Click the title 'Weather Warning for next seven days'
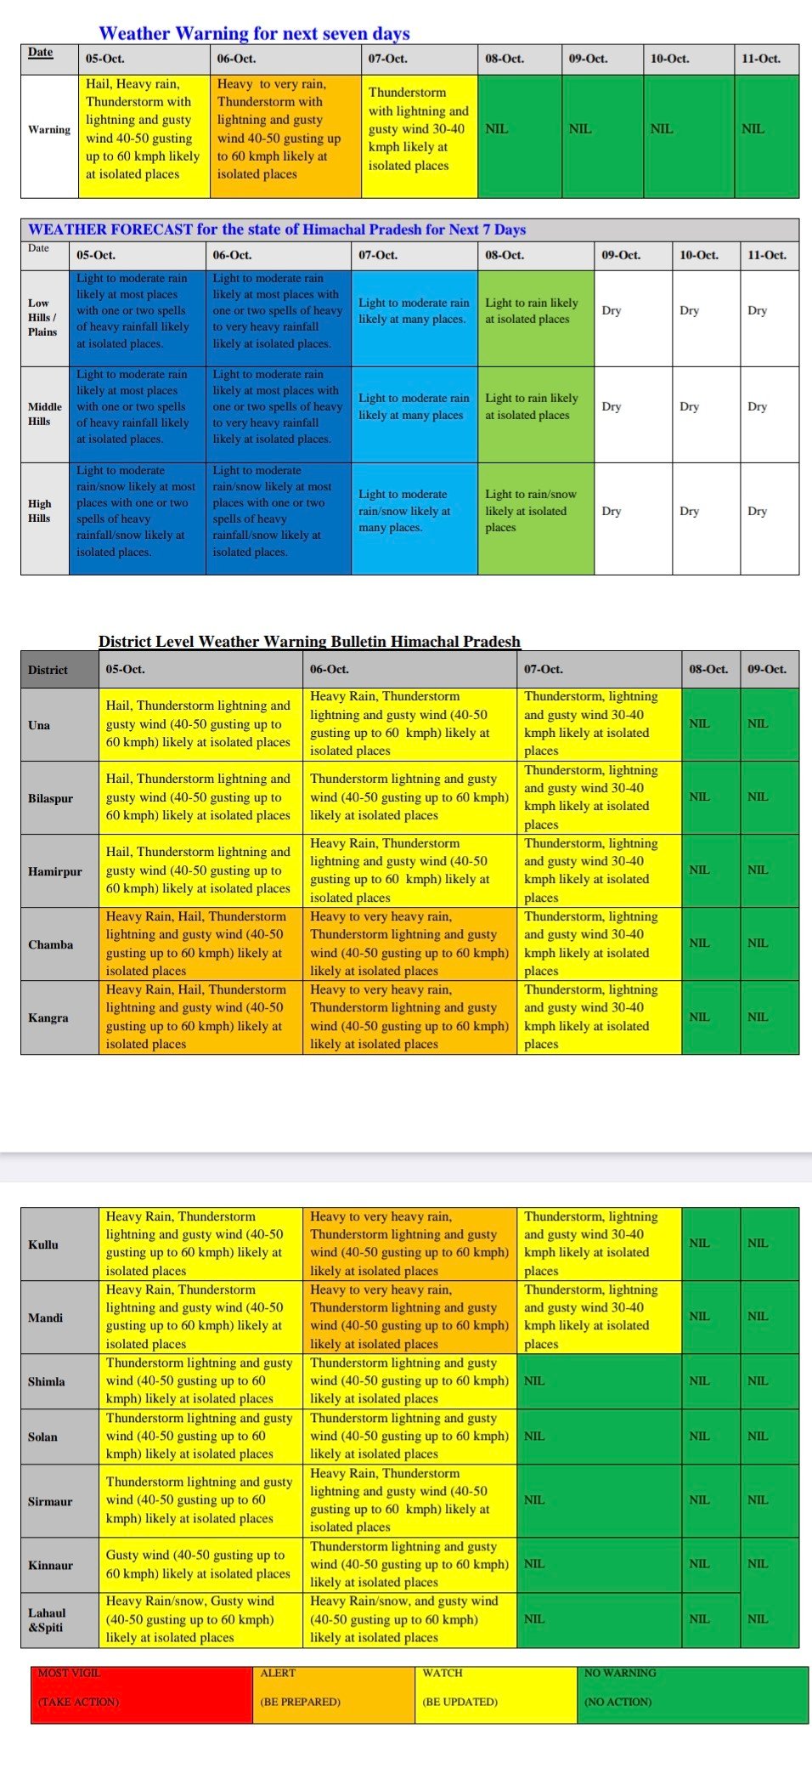click(254, 33)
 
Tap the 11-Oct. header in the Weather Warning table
click(760, 59)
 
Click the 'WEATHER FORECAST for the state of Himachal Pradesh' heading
click(277, 229)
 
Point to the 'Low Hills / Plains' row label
click(43, 317)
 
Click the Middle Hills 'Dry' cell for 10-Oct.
click(689, 406)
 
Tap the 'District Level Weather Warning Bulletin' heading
click(309, 641)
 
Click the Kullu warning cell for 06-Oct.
click(409, 1244)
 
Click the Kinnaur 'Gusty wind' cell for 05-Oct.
click(200, 1564)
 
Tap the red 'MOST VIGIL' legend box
click(141, 1695)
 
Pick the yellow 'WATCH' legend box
click(495, 1695)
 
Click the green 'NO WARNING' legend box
click(691, 1695)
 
